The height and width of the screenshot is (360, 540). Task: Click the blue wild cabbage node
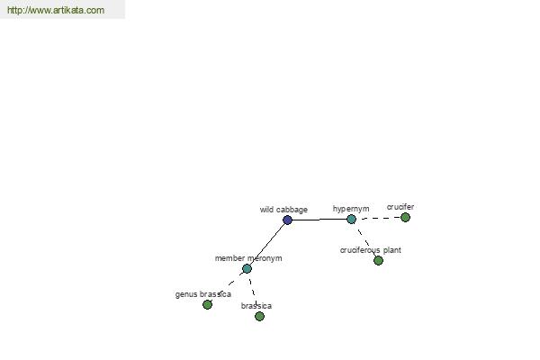click(x=288, y=220)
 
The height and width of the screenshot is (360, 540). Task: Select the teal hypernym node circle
click(x=351, y=219)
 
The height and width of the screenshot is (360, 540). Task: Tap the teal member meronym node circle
click(x=247, y=269)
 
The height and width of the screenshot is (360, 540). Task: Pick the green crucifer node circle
click(x=405, y=218)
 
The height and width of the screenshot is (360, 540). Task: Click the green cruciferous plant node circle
click(x=378, y=260)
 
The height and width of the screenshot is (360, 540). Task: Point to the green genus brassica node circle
click(x=207, y=304)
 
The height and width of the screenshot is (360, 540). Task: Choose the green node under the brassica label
click(x=260, y=316)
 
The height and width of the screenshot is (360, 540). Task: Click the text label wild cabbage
click(x=283, y=210)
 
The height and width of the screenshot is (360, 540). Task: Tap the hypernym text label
click(x=351, y=209)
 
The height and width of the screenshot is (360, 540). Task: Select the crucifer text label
click(x=400, y=207)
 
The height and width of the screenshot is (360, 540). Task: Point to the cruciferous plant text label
click(x=371, y=250)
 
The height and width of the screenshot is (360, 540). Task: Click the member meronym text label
click(x=248, y=258)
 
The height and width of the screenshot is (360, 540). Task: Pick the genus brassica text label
click(x=202, y=294)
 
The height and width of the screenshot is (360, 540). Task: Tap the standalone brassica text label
click(x=256, y=306)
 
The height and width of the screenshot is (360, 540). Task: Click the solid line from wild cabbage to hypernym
click(x=319, y=220)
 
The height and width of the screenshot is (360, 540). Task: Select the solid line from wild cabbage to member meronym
click(x=267, y=244)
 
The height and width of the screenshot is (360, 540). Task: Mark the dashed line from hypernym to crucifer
click(x=378, y=218)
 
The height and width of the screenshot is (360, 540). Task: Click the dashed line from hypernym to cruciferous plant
click(x=364, y=239)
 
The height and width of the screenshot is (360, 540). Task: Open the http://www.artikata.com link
click(x=56, y=10)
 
